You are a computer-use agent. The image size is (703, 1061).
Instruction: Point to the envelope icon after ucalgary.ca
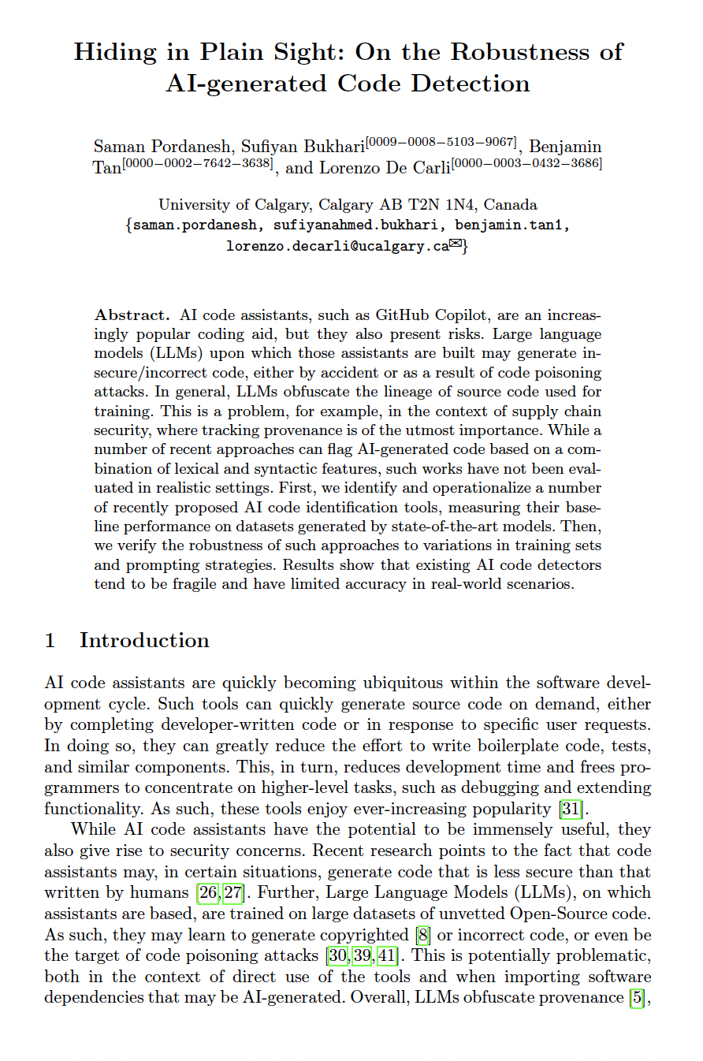point(455,244)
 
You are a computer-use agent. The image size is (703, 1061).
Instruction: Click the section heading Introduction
point(144,640)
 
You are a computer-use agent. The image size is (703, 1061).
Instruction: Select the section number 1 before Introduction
point(50,640)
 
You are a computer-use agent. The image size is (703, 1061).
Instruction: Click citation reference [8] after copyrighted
point(422,935)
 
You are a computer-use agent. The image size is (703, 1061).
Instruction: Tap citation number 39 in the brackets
point(364,956)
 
